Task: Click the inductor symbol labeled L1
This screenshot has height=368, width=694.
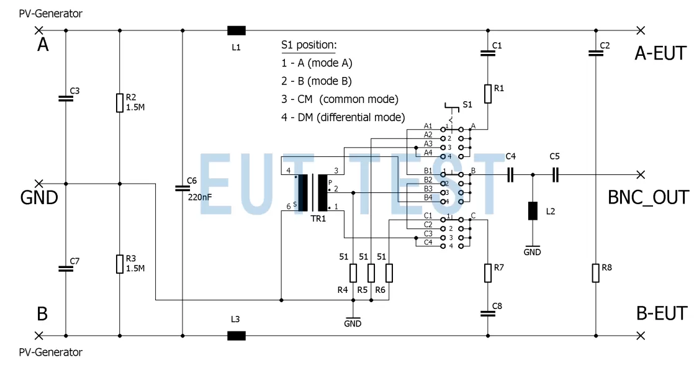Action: click(x=236, y=30)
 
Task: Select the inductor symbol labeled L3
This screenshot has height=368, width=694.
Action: click(x=236, y=336)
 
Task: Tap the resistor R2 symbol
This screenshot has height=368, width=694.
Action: click(x=120, y=103)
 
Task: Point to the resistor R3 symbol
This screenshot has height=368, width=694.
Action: click(x=120, y=264)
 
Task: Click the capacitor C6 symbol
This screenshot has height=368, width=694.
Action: click(x=183, y=187)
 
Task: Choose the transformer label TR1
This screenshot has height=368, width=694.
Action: click(x=318, y=219)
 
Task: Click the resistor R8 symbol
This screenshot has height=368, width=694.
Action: click(x=596, y=272)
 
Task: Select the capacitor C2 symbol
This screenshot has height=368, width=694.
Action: click(x=596, y=54)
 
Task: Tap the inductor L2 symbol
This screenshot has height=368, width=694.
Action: click(x=533, y=211)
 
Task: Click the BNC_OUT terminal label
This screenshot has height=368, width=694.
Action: click(x=647, y=197)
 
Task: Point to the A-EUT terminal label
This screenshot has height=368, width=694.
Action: click(x=660, y=53)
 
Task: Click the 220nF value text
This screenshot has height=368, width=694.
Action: click(x=201, y=197)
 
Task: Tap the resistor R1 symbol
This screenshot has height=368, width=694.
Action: click(x=489, y=94)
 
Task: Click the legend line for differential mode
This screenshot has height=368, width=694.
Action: click(x=343, y=117)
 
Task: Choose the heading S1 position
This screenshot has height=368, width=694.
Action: click(x=309, y=45)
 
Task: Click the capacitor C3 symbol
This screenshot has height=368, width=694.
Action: click(x=66, y=98)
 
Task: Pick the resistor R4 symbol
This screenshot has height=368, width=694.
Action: click(x=353, y=273)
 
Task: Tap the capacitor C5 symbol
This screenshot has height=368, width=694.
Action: click(x=556, y=175)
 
